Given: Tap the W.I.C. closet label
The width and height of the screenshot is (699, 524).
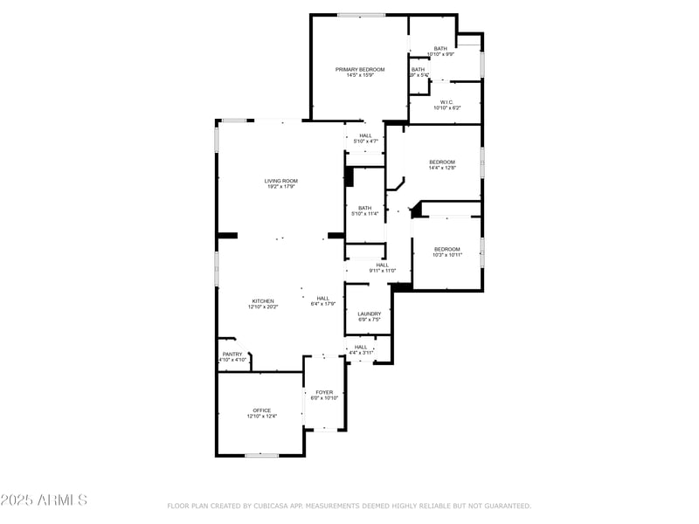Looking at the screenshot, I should (446, 102).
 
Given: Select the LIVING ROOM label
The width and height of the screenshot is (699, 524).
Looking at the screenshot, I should (281, 181).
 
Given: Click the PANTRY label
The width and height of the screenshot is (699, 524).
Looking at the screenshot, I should (232, 354).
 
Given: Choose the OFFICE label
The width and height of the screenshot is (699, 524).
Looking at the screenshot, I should (262, 410).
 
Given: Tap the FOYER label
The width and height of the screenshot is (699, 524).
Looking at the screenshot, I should (324, 392).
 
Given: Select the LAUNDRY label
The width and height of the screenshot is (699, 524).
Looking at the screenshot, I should (369, 314).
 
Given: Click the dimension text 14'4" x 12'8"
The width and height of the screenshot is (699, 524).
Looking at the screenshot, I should (442, 168).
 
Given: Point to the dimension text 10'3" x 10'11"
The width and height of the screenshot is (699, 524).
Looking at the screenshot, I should (447, 255).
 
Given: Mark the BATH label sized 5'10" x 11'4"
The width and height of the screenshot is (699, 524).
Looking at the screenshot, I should (364, 208).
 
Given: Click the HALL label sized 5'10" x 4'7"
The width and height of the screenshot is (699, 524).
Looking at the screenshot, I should (364, 135).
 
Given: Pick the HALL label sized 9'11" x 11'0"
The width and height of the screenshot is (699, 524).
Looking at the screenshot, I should (382, 265).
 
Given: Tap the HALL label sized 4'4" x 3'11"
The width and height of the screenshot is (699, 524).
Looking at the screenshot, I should (361, 347).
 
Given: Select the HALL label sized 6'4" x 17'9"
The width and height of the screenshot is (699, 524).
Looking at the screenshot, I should (323, 298).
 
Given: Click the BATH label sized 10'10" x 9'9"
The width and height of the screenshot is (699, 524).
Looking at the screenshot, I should (440, 48).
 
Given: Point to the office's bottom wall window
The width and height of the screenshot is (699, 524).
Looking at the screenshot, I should (261, 455).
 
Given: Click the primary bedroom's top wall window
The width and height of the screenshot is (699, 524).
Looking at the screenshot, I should (361, 15).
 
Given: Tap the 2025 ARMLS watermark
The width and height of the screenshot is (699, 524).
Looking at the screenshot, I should (44, 500).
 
